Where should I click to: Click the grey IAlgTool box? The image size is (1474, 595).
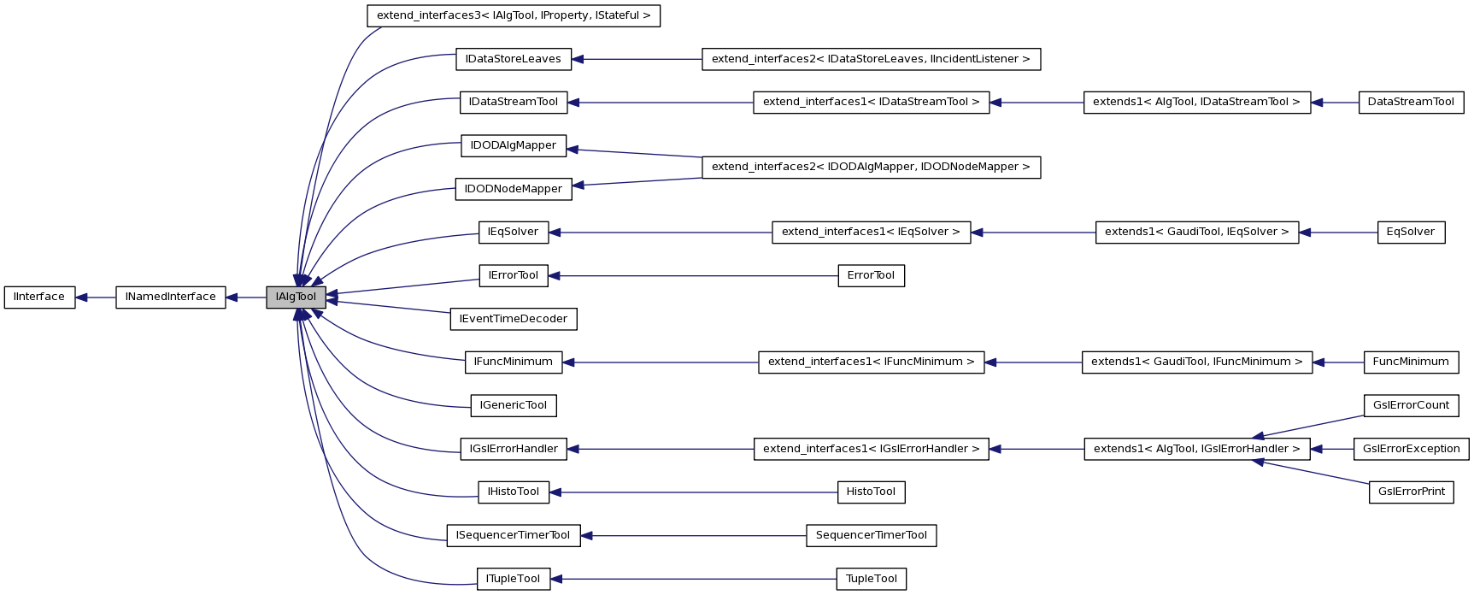[296, 297]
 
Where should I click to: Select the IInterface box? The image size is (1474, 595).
[39, 297]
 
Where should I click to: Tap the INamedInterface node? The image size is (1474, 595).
[171, 297]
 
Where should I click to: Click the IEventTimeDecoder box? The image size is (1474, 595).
[513, 319]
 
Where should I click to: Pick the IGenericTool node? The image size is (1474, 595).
[513, 405]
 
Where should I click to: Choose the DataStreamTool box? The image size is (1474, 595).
[1411, 102]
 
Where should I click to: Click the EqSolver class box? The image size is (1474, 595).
[1411, 232]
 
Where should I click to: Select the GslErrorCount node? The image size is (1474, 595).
[1411, 405]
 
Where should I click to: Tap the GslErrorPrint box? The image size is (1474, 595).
[1411, 492]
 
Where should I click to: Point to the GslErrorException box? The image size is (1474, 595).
[1411, 449]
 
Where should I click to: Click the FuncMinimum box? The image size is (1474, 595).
[1411, 362]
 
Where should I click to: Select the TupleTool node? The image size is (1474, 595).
[871, 579]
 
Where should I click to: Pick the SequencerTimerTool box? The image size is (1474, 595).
[871, 535]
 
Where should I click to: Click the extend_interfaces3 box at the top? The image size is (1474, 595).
[514, 15]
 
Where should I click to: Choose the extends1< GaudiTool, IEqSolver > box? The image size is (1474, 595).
[1196, 232]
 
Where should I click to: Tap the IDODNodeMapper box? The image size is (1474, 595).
[513, 189]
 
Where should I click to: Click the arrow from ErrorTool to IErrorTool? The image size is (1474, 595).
[692, 275]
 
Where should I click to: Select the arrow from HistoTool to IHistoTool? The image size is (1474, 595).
[692, 492]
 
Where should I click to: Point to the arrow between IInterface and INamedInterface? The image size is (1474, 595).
[95, 297]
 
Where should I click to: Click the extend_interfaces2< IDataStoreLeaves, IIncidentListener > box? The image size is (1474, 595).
[871, 59]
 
